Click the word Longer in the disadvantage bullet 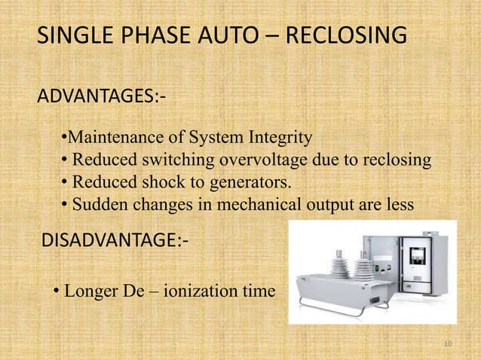click(x=87, y=290)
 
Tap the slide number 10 click(x=448, y=344)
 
